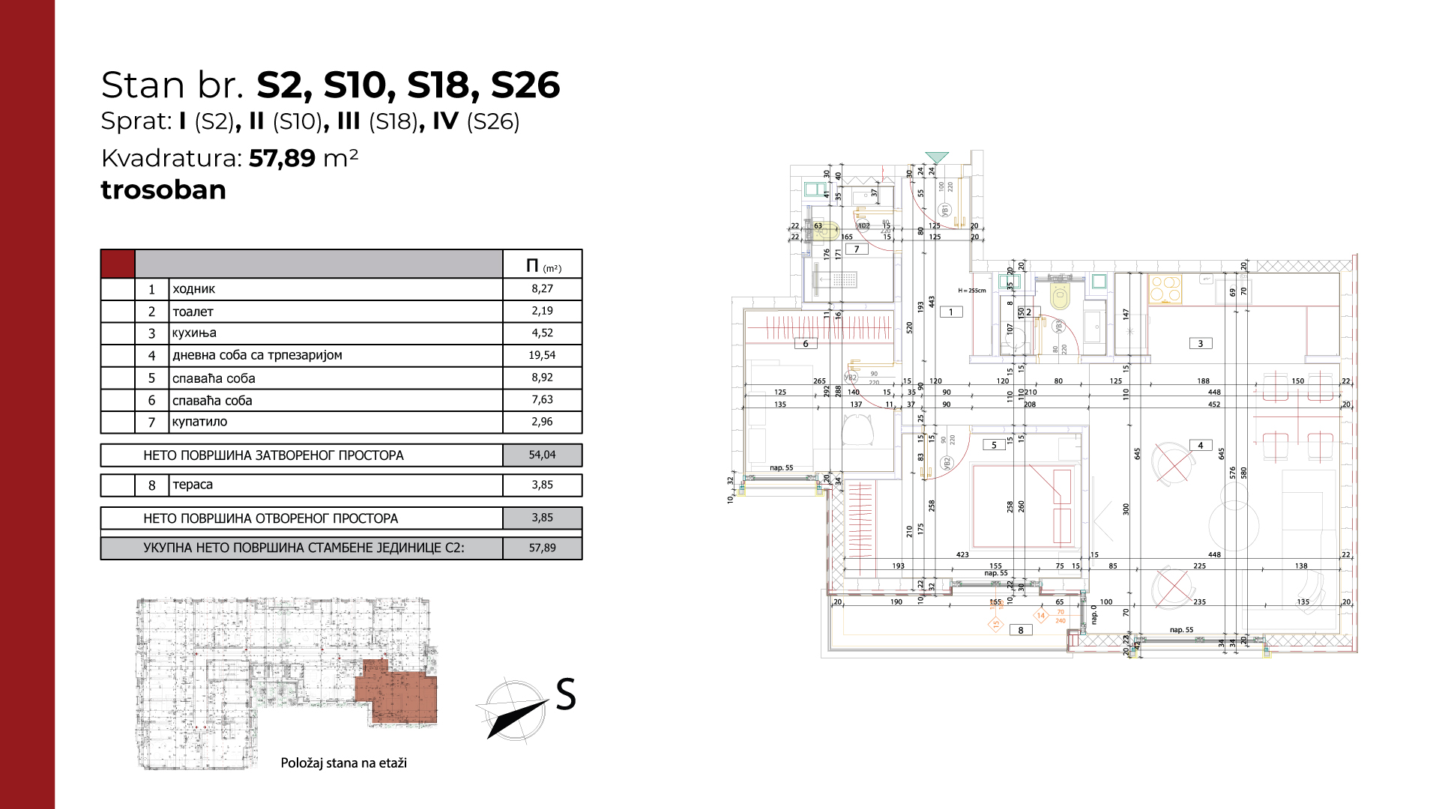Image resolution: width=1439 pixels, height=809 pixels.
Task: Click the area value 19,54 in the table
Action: click(x=542, y=355)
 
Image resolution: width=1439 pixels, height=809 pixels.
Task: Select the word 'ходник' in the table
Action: click(x=194, y=289)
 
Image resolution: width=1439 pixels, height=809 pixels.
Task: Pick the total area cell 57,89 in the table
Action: click(x=542, y=548)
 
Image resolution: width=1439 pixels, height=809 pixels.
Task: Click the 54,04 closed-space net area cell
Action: click(x=542, y=455)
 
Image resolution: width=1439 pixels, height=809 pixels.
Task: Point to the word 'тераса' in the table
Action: click(x=193, y=485)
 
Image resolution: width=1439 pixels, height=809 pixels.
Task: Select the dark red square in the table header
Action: click(x=118, y=264)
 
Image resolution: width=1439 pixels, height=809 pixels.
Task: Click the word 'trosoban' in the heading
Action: click(x=163, y=190)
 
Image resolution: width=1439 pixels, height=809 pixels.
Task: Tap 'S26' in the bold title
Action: click(x=525, y=85)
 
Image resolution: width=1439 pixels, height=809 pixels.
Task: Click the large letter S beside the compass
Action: click(x=566, y=694)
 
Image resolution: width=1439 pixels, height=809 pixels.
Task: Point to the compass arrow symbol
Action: click(x=513, y=710)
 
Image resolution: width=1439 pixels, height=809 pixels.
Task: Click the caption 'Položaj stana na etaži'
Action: click(x=343, y=763)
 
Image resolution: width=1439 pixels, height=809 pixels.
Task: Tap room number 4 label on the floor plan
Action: click(x=1201, y=446)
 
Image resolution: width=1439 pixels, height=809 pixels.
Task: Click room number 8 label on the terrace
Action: click(x=1021, y=631)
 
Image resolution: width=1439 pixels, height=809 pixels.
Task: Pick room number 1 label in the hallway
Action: click(x=951, y=312)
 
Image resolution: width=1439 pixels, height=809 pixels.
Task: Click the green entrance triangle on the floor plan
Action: click(x=937, y=157)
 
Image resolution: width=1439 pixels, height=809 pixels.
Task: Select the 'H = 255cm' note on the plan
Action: click(x=972, y=291)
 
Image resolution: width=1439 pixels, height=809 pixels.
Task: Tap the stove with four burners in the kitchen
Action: click(x=1165, y=289)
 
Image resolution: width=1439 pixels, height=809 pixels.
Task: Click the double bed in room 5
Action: click(x=1025, y=506)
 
